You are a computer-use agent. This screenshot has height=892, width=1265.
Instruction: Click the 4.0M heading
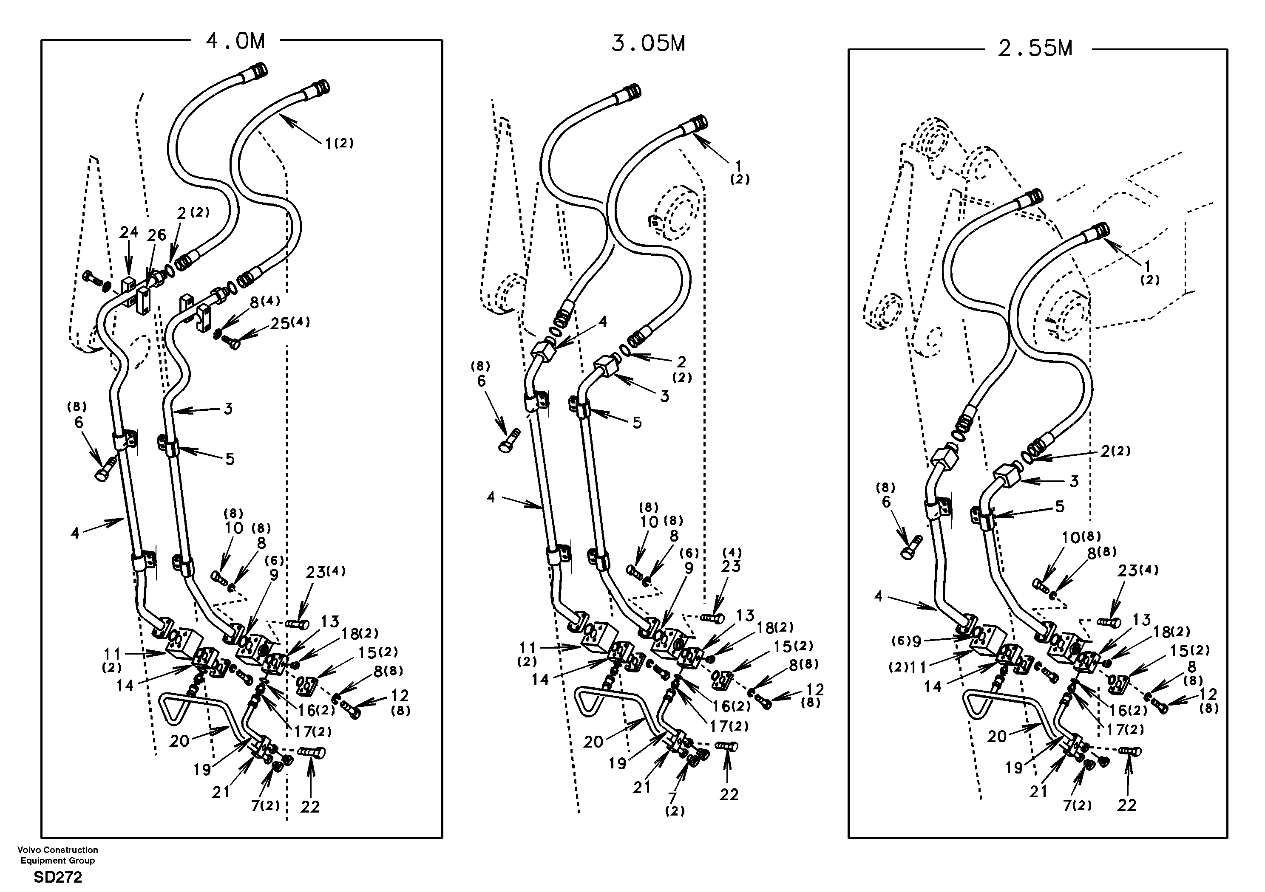click(235, 41)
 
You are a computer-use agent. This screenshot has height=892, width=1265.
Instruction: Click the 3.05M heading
click(648, 43)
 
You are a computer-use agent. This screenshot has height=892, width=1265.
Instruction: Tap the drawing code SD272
click(58, 877)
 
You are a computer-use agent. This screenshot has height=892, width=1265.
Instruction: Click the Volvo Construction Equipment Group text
click(58, 855)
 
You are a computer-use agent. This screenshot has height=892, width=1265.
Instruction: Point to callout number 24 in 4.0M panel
click(128, 233)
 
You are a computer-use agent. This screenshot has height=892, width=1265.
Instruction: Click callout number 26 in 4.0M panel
click(156, 235)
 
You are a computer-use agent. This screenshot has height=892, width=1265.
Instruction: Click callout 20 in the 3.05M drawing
click(593, 742)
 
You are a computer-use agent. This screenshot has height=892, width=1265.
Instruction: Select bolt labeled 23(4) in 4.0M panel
click(298, 624)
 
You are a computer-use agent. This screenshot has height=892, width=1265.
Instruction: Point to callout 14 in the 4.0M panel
click(125, 686)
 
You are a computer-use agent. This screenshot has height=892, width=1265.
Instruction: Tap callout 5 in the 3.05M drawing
click(637, 423)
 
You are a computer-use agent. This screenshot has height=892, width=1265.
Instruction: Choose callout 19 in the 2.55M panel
click(1014, 768)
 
